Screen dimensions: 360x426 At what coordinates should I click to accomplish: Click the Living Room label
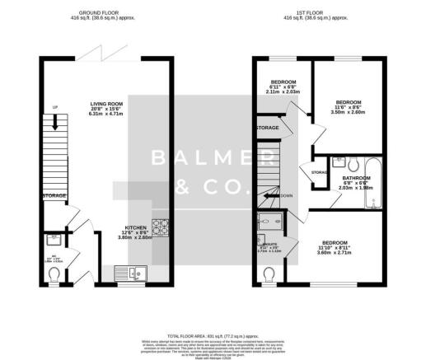pyautogui.click(x=105, y=104)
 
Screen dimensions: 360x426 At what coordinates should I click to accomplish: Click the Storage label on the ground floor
pyautogui.click(x=54, y=195)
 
